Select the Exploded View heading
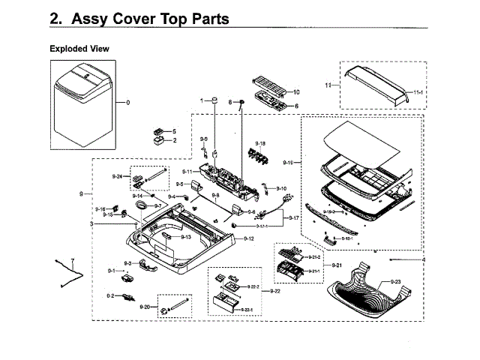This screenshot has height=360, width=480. (79, 49)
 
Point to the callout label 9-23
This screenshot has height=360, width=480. (395, 281)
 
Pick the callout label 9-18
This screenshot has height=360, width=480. (260, 142)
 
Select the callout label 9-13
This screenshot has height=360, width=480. (184, 237)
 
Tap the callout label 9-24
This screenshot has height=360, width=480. (117, 176)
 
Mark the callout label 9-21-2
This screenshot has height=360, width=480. (313, 257)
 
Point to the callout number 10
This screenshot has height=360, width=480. (295, 91)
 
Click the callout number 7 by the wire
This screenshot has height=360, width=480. (73, 259)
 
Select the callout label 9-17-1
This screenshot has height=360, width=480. (262, 226)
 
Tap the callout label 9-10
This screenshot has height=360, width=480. (281, 188)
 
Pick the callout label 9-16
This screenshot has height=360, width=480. (100, 208)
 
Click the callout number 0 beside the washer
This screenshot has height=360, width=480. (127, 102)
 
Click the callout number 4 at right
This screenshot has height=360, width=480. (422, 259)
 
